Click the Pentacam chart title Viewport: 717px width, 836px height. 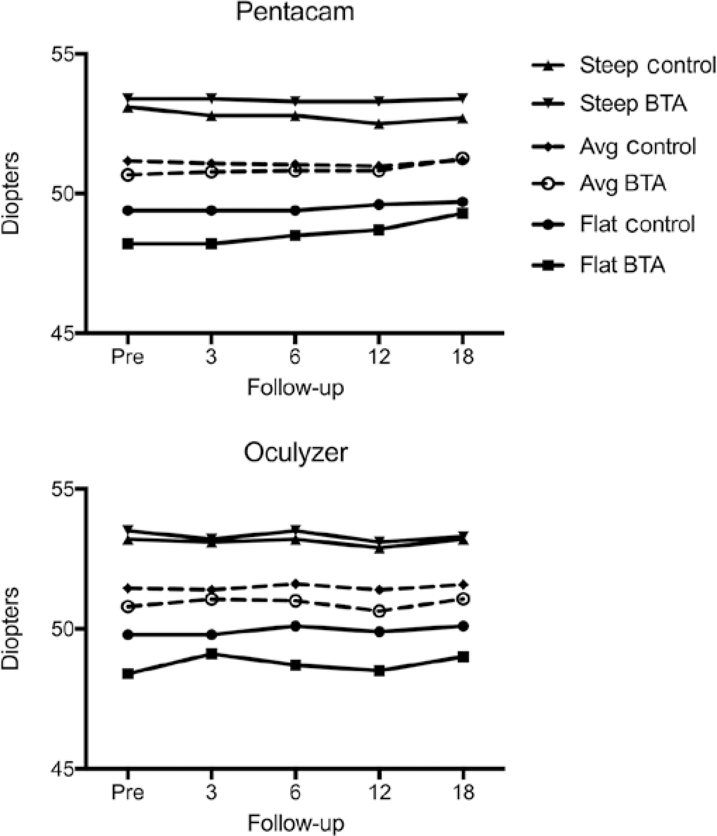pos(295,12)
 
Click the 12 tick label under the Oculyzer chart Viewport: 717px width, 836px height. pos(379,792)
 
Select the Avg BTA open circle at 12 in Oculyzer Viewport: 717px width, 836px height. pos(379,611)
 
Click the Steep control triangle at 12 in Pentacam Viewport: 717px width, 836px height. pos(379,125)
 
